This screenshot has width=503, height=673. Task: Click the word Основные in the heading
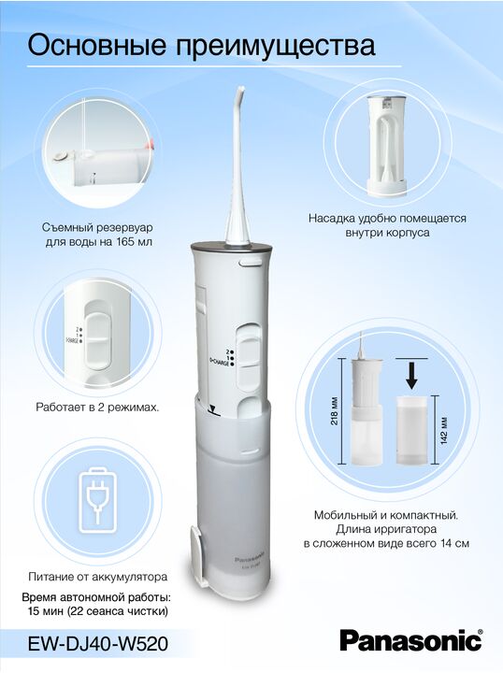[x=96, y=45]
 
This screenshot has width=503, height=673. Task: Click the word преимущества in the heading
[x=275, y=47]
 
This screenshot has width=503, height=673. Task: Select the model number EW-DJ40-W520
[x=97, y=644]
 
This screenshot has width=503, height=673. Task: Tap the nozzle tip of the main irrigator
[x=239, y=89]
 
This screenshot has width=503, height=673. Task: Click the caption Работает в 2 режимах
[x=97, y=407]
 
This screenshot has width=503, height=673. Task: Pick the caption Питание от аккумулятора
[x=98, y=577]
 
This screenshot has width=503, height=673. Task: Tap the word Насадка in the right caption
[x=330, y=219]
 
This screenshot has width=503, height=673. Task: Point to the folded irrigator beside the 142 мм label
[x=411, y=430]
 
